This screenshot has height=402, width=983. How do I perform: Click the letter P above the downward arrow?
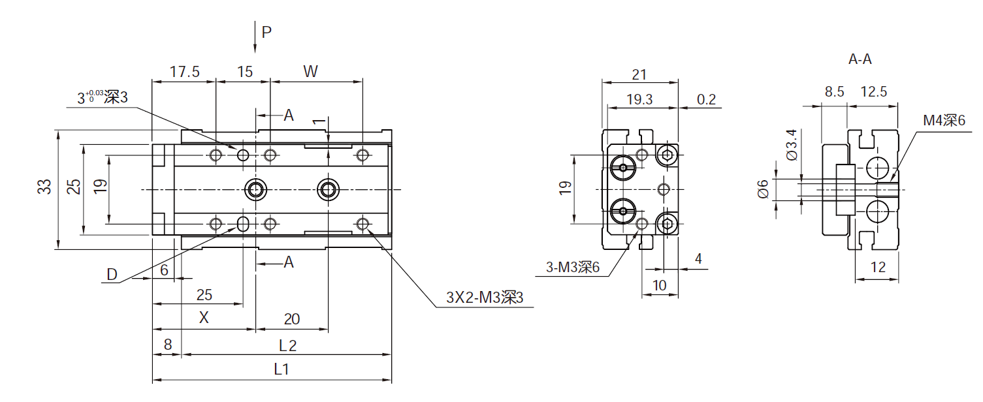pos(266,32)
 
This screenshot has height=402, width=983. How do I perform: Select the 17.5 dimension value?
pos(184,72)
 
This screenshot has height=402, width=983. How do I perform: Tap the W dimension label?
pos(311,72)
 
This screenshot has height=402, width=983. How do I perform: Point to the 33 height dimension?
pos(44,187)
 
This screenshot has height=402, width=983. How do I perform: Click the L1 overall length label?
pos(282,369)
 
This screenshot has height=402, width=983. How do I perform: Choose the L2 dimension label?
pos(287,345)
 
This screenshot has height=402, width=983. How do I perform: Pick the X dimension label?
pos(204,318)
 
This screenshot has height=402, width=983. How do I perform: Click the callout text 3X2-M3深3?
pos(485,298)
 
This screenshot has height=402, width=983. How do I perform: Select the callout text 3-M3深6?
pos(573,267)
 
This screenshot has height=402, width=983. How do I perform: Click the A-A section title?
pos(860,59)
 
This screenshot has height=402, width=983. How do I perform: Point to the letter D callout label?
pos(112,275)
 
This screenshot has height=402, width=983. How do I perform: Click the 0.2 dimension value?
pos(706,99)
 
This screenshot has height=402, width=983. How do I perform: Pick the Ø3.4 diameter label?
pos(792,145)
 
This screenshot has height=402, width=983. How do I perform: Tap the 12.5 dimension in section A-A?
pos(873,92)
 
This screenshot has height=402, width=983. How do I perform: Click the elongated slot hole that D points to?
pos(243,224)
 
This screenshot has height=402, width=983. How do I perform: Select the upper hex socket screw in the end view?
pos(667,155)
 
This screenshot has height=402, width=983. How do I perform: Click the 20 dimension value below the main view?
pos(291,318)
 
